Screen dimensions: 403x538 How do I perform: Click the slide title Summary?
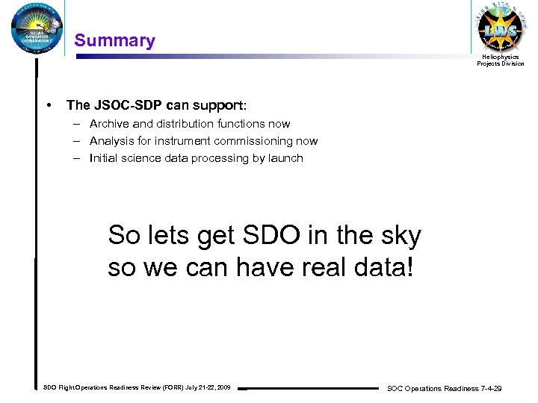click(x=115, y=40)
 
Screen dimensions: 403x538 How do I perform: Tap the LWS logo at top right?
click(x=501, y=28)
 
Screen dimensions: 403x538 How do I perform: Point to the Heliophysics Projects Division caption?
click(x=501, y=60)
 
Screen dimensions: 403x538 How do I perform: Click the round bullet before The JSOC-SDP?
click(x=49, y=105)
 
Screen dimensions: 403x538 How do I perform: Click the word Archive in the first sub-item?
click(x=109, y=124)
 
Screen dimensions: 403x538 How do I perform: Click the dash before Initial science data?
click(x=78, y=158)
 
